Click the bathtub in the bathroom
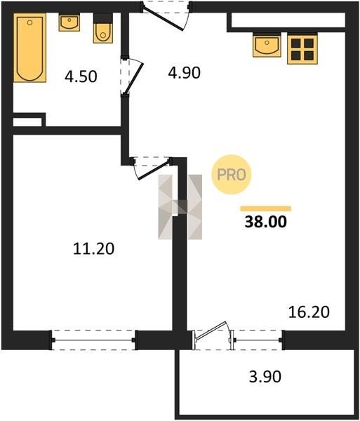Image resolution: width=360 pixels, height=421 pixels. click(29, 48)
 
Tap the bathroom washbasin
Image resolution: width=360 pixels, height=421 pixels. click(69, 22)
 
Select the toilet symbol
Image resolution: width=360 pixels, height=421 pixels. click(103, 28)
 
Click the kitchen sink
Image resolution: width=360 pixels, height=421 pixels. click(267, 45)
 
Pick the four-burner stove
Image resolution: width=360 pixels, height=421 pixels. click(302, 48)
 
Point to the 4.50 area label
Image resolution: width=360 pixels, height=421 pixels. click(81, 76)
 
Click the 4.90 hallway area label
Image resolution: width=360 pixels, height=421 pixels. click(184, 73)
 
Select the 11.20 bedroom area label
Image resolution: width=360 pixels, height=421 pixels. click(94, 248)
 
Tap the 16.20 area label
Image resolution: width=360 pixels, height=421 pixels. click(309, 312)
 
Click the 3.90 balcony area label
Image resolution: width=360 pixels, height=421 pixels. click(265, 376)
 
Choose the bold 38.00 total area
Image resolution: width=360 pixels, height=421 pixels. click(266, 222)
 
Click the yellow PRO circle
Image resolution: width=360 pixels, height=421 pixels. click(232, 175)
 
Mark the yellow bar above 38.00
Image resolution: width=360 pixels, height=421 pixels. click(266, 208)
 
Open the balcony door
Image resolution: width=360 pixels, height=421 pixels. click(212, 333)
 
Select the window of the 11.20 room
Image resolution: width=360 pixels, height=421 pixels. click(94, 340)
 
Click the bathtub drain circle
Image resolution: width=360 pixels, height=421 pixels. click(29, 22)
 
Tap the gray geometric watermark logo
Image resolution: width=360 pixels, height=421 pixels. click(180, 207)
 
